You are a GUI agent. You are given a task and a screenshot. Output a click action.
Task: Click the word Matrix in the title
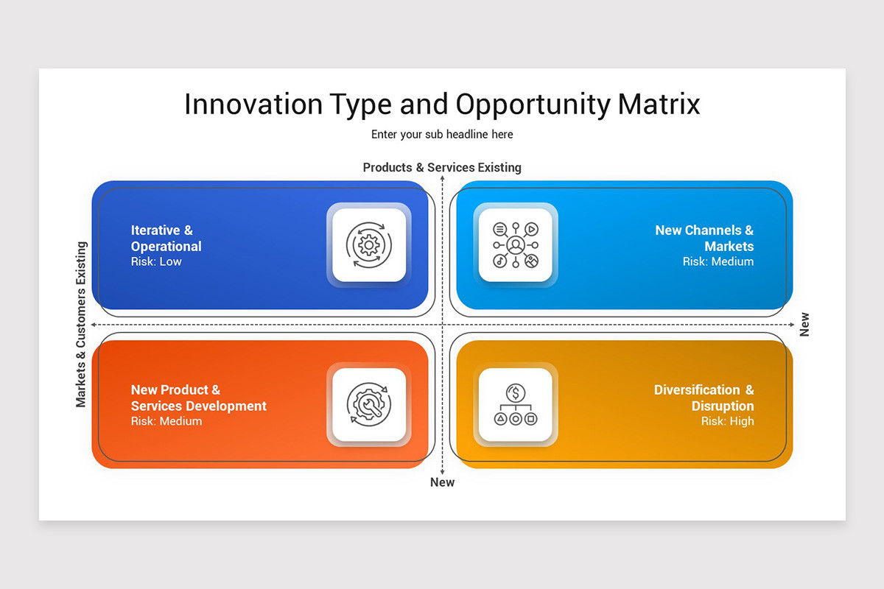[x=659, y=104]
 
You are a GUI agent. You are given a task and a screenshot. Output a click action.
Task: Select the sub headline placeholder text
[x=442, y=134]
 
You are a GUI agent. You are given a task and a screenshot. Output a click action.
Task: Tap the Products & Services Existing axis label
[x=442, y=167]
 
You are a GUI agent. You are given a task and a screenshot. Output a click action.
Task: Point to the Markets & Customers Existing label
[x=81, y=324]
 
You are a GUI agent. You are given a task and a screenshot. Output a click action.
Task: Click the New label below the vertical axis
[x=442, y=482]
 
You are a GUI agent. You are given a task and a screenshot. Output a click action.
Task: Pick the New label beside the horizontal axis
[x=804, y=325]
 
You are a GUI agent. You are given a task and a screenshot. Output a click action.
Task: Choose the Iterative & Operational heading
[x=166, y=238]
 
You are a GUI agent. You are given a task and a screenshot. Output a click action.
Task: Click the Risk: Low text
[x=156, y=261]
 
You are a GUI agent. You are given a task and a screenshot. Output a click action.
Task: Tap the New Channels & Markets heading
[x=705, y=238]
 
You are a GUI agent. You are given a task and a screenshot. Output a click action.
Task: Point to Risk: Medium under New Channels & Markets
[x=718, y=261]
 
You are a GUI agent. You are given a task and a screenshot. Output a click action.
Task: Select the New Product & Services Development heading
[x=198, y=398]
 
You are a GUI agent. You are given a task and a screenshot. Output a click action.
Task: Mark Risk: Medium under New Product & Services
[x=166, y=421]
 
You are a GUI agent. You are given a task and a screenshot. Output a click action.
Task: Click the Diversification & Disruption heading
[x=705, y=398]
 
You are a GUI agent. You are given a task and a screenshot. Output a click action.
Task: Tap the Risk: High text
[x=727, y=421]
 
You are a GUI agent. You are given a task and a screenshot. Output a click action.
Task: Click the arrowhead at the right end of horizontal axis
[x=792, y=325]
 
